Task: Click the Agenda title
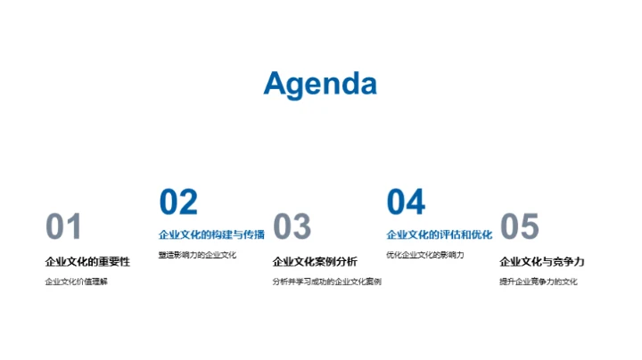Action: [x=320, y=84]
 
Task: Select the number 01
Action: [x=63, y=227]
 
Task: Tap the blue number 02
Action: [x=178, y=202]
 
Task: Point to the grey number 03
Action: [x=292, y=227]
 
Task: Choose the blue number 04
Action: [x=406, y=202]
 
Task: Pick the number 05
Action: [x=519, y=227]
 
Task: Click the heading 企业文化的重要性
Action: [x=87, y=262]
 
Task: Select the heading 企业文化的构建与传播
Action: [x=211, y=235]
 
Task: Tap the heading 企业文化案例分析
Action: [x=315, y=262]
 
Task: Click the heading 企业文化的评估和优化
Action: [x=439, y=235]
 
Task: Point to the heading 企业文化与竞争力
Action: [x=542, y=262]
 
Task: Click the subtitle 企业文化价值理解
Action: [x=76, y=282]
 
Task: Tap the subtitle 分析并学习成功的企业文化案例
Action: [x=326, y=282]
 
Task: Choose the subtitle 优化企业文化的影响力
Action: [x=424, y=256]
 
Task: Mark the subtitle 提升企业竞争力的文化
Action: [x=539, y=282]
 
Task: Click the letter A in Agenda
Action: [x=276, y=84]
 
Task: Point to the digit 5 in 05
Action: [x=530, y=227]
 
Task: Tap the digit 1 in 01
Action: [x=74, y=227]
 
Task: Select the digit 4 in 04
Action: [x=416, y=202]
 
